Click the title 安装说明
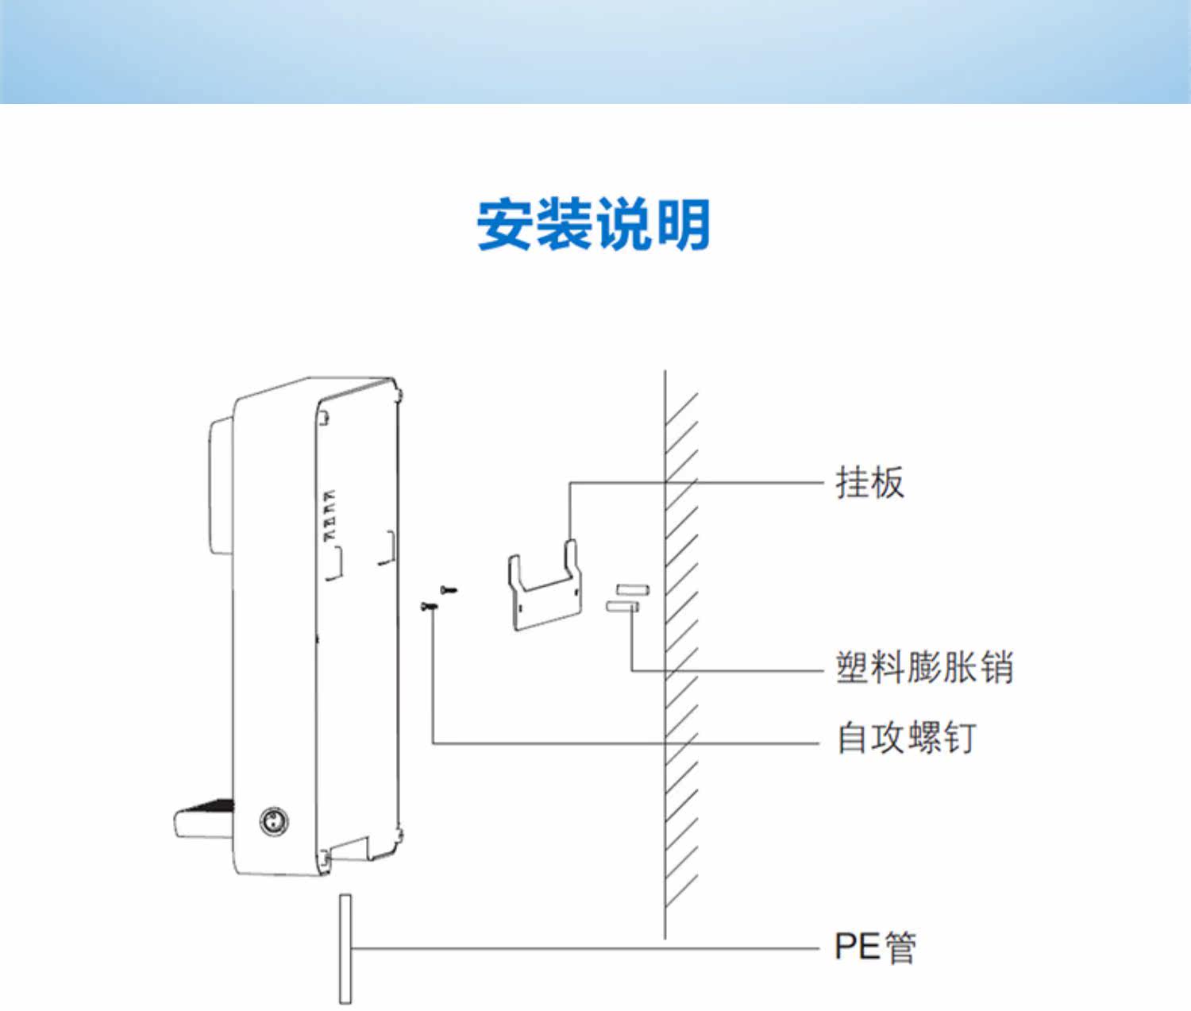tap(593, 224)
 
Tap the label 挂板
tap(870, 482)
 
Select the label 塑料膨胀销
tap(924, 667)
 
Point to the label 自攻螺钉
tap(907, 738)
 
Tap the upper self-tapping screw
tap(449, 589)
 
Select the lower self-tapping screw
tap(430, 606)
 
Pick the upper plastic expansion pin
tap(634, 589)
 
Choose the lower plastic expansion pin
tap(622, 607)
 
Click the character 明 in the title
tap(684, 224)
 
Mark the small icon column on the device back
tap(329, 515)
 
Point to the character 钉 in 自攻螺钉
tap(959, 738)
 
